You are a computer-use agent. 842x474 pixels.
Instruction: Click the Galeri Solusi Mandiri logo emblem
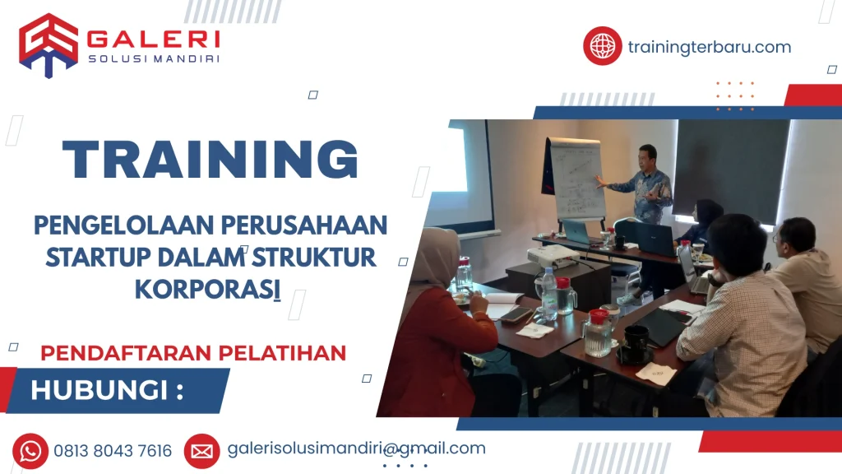click(x=49, y=45)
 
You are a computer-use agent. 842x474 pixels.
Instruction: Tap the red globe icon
click(x=603, y=46)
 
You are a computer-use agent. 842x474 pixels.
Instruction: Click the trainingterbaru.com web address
click(x=710, y=47)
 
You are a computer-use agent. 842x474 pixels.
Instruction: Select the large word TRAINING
click(x=210, y=159)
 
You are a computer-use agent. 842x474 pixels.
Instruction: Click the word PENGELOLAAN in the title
click(x=124, y=225)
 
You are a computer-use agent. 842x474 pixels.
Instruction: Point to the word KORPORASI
click(x=207, y=289)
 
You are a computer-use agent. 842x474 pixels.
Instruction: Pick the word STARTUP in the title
click(x=99, y=258)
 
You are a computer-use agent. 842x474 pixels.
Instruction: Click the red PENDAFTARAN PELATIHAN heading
click(x=193, y=353)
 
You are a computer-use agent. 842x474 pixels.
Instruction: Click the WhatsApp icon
click(x=30, y=451)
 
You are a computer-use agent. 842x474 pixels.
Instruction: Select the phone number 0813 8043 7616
click(x=113, y=451)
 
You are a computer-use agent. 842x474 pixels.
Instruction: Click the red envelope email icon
click(x=202, y=452)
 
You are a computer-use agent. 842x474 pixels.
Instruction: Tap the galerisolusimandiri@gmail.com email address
click(x=357, y=448)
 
